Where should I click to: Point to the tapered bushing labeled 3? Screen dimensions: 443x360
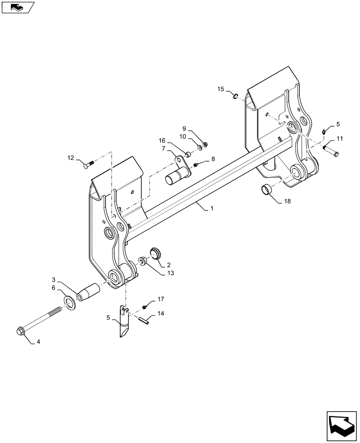click(88, 292)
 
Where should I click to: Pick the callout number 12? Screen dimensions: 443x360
click(71, 158)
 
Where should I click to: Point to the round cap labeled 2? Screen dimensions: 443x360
click(155, 253)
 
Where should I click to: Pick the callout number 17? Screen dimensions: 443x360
click(160, 299)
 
